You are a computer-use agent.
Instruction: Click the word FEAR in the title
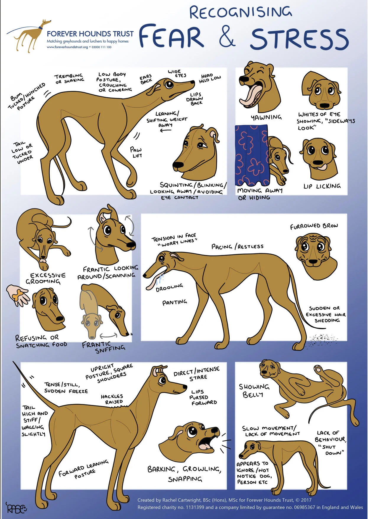(x=171, y=36)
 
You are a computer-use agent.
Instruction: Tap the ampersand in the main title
(x=227, y=37)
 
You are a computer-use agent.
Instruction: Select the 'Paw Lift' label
(x=136, y=152)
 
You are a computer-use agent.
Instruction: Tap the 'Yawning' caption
(x=266, y=117)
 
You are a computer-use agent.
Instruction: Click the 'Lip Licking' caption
(x=322, y=186)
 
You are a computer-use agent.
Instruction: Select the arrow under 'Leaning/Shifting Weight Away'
(x=166, y=130)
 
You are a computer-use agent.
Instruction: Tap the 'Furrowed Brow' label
(x=314, y=226)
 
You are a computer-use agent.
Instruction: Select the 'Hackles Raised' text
(x=112, y=399)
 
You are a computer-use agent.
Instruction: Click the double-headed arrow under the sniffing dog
(x=108, y=336)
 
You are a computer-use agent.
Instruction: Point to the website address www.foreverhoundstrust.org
(x=67, y=47)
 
